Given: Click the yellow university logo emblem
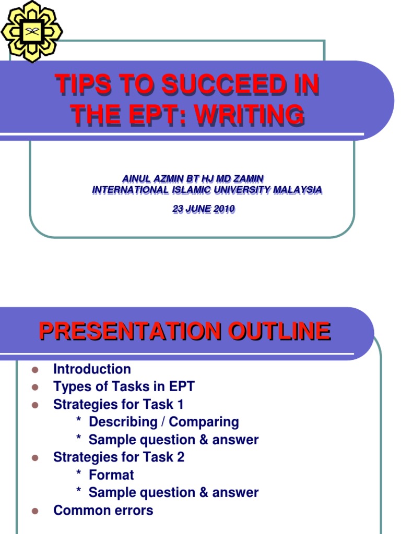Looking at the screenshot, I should point(31,31).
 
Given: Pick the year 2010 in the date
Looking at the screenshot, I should point(223,209).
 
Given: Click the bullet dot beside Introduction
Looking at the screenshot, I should point(36,370).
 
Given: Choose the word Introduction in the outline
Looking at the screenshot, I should point(92,369).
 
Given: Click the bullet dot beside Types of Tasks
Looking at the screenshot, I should point(36,387).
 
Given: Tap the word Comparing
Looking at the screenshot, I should point(204,422).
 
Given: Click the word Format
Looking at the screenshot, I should point(111,475).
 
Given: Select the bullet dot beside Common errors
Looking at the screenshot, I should point(36,511).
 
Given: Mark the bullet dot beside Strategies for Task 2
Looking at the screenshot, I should point(36,458).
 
